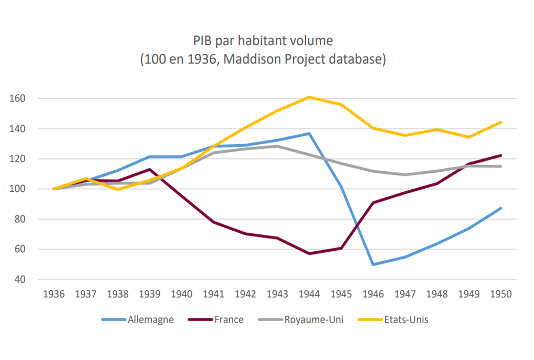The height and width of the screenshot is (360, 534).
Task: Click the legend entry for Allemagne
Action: [150, 319]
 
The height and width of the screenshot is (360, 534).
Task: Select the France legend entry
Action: [228, 319]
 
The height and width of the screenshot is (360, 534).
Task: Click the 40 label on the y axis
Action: [28, 279]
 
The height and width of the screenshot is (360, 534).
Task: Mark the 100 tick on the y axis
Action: [26, 189]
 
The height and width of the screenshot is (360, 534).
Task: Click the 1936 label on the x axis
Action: [54, 294]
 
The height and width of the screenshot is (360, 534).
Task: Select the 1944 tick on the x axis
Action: [310, 294]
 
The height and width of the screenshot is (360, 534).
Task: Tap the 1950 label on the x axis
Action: [501, 294]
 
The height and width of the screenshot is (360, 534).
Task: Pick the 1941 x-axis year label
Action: [214, 294]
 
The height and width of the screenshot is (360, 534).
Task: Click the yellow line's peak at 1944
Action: [310, 97]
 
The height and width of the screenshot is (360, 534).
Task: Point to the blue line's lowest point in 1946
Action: [374, 265]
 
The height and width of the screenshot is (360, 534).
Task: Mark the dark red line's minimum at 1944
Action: [310, 253]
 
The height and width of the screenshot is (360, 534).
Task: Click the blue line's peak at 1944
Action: [310, 133]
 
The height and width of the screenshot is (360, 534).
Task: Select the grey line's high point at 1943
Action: [277, 146]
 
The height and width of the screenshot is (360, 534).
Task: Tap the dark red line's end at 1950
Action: [501, 155]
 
